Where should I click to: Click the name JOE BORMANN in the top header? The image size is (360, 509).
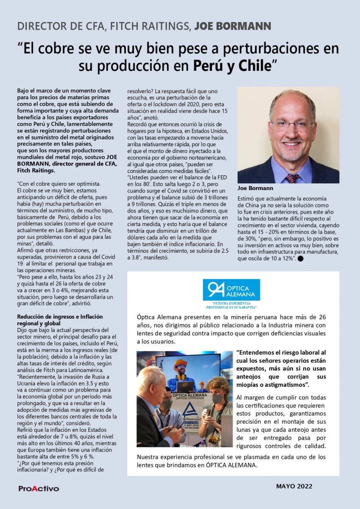(x=232, y=26)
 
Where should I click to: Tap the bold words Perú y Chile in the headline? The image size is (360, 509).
(x=232, y=66)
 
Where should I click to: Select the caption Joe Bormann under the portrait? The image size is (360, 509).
(x=255, y=188)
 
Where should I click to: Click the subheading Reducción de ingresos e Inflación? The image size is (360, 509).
(x=59, y=317)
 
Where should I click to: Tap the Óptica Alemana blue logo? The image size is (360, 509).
(x=231, y=290)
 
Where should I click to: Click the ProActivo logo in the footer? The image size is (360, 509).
(x=39, y=489)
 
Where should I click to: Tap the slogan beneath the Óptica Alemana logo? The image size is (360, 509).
(x=232, y=305)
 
